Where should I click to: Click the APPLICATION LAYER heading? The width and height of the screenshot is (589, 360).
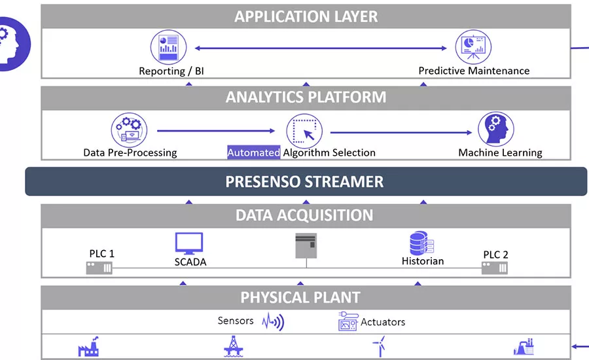306,16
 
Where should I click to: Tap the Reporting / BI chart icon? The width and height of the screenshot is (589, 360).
168,46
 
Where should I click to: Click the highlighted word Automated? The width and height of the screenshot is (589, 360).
253,153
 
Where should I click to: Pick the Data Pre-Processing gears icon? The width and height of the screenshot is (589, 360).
130,129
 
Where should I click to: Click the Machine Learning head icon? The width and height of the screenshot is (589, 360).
495,129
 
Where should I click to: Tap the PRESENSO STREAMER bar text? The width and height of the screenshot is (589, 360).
304,181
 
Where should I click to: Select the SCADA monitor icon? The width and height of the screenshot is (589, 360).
188,243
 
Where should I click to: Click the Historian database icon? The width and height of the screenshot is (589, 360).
421,243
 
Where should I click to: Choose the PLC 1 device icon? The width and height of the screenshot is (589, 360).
99,267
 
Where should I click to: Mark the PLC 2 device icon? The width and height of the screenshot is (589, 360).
494,267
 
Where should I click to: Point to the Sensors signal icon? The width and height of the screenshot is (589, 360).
273,321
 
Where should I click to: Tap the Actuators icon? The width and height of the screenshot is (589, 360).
348,321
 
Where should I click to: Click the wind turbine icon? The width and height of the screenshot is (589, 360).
378,346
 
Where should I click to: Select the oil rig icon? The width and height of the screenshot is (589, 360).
233,346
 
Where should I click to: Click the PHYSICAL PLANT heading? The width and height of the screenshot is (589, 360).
300,298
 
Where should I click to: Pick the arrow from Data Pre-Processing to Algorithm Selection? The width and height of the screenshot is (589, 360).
216,130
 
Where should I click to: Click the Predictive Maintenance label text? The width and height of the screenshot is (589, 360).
474,71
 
